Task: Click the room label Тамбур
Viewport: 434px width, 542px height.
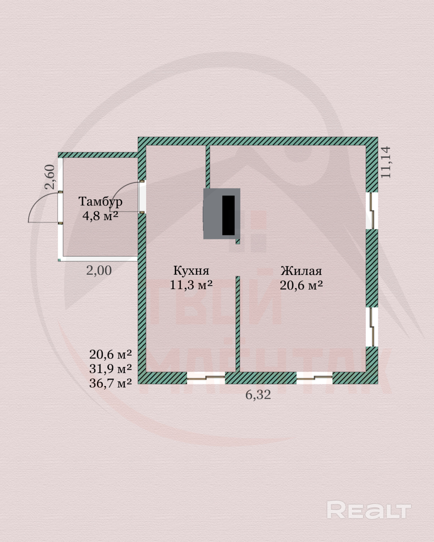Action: click(100, 202)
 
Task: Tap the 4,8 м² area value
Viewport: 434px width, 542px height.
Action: click(100, 216)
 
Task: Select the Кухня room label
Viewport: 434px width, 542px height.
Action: click(191, 270)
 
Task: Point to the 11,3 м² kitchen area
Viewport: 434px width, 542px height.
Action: click(191, 285)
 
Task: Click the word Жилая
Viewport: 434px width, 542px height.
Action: click(301, 271)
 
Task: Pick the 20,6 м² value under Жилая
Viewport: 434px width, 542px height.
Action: click(301, 285)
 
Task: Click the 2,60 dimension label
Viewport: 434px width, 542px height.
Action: click(50, 177)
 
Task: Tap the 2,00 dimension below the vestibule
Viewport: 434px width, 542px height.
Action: click(99, 270)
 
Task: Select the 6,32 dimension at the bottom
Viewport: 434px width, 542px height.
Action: click(258, 395)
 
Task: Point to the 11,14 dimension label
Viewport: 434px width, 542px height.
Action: click(386, 162)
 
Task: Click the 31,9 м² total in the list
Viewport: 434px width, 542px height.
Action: click(110, 368)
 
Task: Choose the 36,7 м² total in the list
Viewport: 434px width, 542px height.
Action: click(110, 383)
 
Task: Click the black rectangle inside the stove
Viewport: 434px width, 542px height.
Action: click(228, 215)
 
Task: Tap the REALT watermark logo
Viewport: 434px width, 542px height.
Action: click(369, 510)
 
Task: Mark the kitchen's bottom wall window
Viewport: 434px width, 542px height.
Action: click(206, 378)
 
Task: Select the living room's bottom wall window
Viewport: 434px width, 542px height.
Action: click(314, 378)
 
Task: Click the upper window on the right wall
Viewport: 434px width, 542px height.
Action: click(372, 211)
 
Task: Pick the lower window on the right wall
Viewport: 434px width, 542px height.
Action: click(372, 327)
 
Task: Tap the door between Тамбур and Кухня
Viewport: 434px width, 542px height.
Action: click(142, 197)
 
